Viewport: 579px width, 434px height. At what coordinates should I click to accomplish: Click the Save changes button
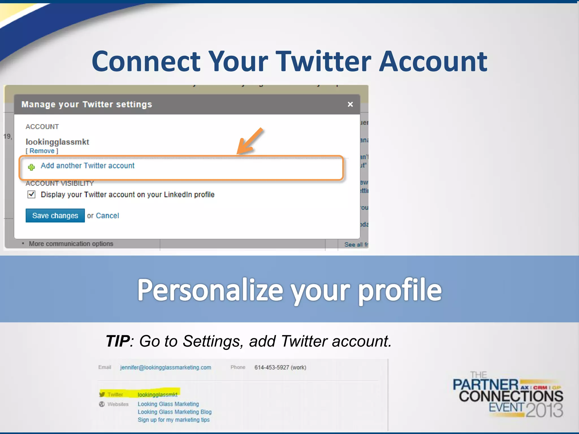[55, 216]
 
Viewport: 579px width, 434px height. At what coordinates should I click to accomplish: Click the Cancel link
[107, 216]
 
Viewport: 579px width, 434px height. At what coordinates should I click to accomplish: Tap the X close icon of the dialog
[350, 104]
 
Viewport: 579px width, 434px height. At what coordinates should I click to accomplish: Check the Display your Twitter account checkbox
[31, 194]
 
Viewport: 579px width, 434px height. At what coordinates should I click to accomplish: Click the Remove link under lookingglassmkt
[42, 151]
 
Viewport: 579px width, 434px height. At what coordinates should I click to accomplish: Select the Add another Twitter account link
[88, 166]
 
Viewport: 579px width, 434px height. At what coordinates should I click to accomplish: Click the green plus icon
[31, 167]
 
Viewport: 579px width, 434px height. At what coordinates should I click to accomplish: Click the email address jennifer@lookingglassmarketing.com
[166, 367]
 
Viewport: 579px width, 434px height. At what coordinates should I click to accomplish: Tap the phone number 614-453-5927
[272, 367]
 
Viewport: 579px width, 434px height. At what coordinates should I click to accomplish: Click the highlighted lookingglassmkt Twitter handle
[157, 394]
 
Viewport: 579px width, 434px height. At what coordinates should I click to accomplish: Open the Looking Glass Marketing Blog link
[175, 412]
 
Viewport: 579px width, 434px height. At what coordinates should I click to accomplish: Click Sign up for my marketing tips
[174, 420]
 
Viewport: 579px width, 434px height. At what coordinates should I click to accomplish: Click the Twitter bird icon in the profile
[102, 394]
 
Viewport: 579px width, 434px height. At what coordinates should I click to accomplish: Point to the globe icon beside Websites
[102, 404]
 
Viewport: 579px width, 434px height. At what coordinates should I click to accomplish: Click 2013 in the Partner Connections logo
[544, 410]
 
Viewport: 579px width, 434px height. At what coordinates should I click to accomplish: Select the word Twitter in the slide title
[323, 61]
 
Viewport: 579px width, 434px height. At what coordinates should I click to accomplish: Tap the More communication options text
[71, 244]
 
